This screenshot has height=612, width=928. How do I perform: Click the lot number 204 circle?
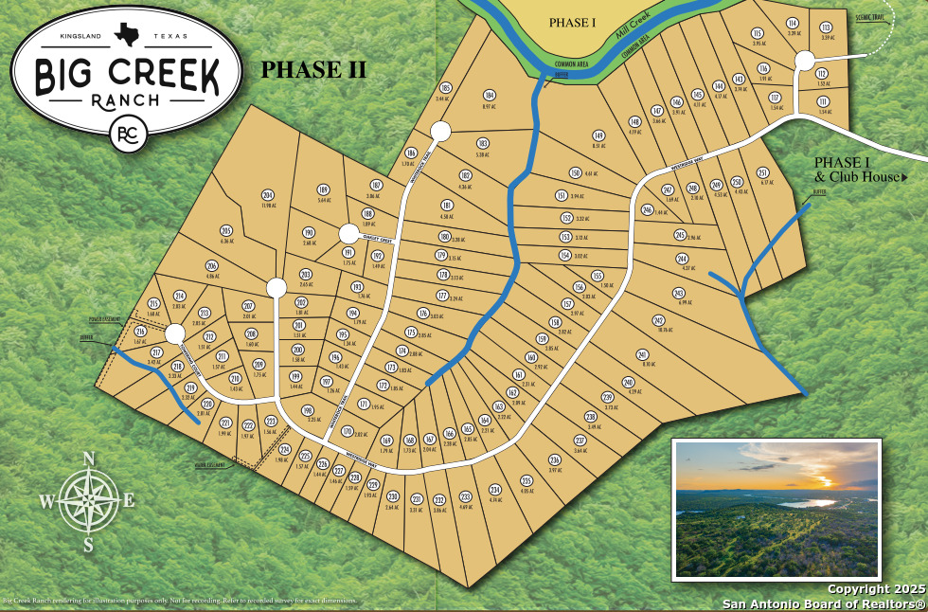(x=267, y=196)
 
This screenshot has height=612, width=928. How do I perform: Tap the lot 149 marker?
(x=598, y=135)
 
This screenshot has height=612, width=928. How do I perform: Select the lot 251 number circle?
(x=762, y=172)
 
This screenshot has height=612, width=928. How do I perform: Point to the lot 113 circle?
(x=826, y=28)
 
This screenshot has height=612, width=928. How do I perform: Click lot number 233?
(x=465, y=496)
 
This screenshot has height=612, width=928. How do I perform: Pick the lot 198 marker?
(x=307, y=409)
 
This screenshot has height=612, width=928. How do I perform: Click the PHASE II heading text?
(x=313, y=69)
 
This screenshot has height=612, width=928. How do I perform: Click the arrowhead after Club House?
(x=904, y=177)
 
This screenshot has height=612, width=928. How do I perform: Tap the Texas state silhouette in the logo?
(x=124, y=35)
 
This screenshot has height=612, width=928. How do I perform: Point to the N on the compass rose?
(x=89, y=459)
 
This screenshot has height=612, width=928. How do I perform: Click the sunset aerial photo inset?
(x=776, y=508)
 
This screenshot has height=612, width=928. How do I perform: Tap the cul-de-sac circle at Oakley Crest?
(x=348, y=233)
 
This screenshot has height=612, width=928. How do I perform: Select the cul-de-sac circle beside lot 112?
(x=805, y=61)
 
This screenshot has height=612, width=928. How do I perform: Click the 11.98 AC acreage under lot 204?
(x=267, y=206)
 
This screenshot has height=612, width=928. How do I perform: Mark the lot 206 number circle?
(x=212, y=266)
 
